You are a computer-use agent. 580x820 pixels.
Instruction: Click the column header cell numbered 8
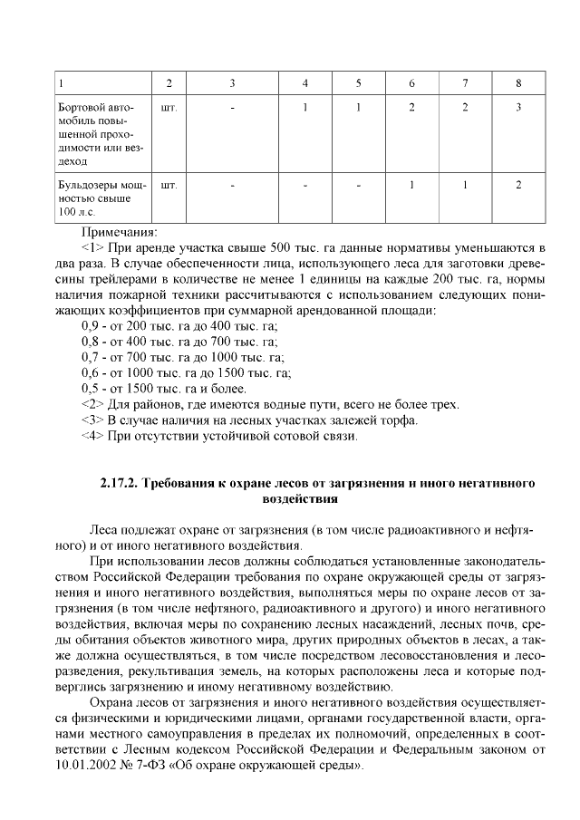point(518,84)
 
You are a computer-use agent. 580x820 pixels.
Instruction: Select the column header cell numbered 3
point(232,84)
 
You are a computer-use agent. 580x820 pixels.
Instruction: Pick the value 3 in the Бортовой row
point(518,108)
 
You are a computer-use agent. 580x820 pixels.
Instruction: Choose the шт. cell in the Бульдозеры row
point(168,185)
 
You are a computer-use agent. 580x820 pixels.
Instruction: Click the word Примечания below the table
point(119,231)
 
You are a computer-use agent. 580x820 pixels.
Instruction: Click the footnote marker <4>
point(92,436)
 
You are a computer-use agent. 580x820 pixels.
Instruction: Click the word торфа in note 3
point(400,420)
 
